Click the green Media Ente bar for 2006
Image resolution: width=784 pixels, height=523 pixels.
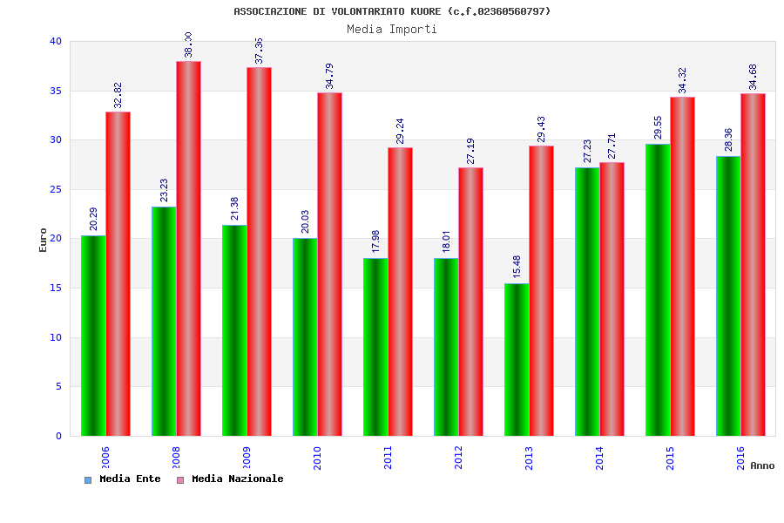pyautogui.click(x=93, y=336)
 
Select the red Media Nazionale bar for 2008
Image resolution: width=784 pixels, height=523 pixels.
pyautogui.click(x=188, y=248)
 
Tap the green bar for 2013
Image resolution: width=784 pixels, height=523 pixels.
pyautogui.click(x=517, y=359)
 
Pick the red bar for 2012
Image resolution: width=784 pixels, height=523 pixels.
pyautogui.click(x=470, y=302)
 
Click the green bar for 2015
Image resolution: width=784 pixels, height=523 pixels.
pyautogui.click(x=658, y=289)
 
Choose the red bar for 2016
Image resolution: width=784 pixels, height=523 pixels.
pyautogui.click(x=753, y=264)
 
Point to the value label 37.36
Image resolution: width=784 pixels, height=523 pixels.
pyautogui.click(x=259, y=50)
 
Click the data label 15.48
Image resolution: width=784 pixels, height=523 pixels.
pyautogui.click(x=517, y=266)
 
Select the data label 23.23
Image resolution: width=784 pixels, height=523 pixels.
pyautogui.click(x=164, y=189)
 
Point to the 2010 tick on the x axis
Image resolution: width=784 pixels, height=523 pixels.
pyautogui.click(x=318, y=458)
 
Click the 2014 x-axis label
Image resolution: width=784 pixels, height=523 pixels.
pyautogui.click(x=599, y=458)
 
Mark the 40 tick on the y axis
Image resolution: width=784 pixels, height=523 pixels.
pyautogui.click(x=56, y=41)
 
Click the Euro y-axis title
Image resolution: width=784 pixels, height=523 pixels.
pyautogui.click(x=43, y=240)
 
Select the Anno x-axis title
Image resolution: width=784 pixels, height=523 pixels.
pyautogui.click(x=762, y=465)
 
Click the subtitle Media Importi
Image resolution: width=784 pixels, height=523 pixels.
pyautogui.click(x=392, y=29)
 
